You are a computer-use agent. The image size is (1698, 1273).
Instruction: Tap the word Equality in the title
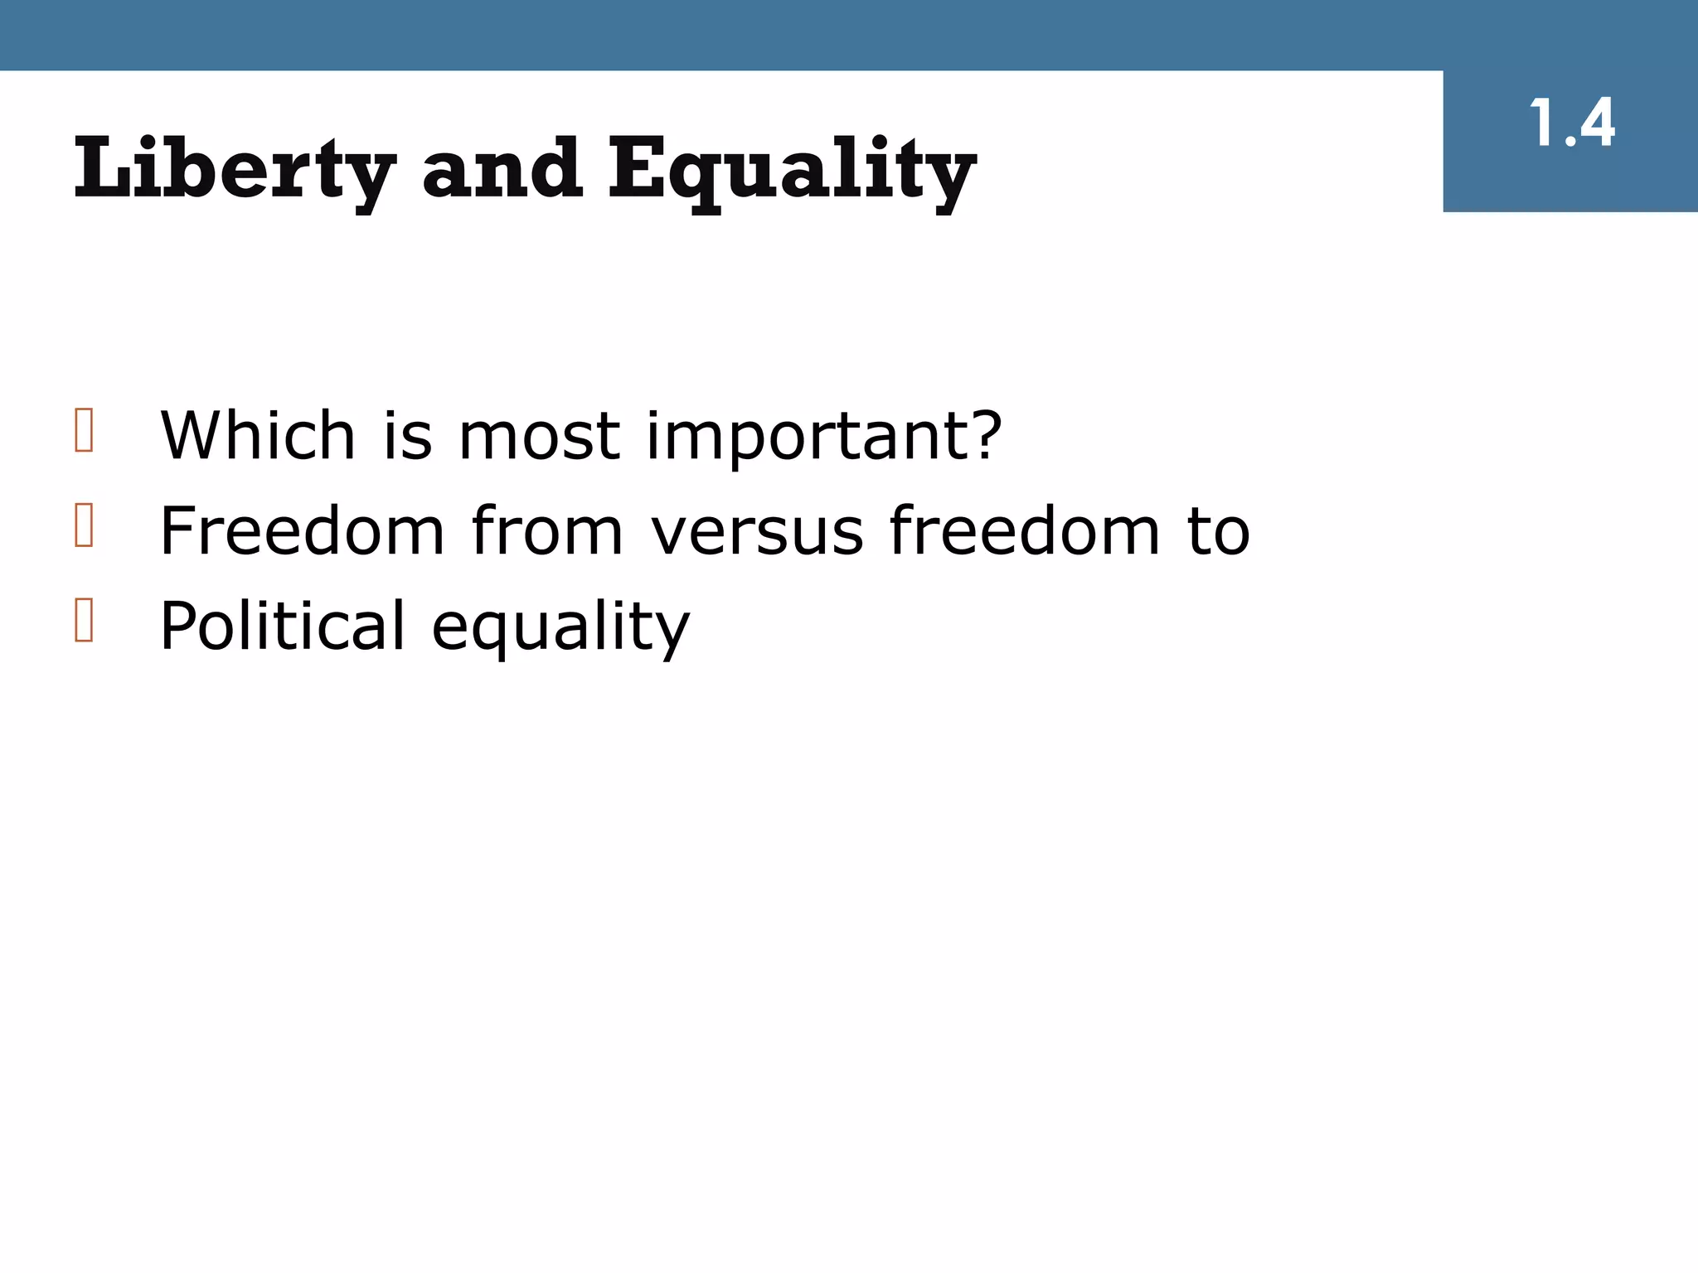[792, 170]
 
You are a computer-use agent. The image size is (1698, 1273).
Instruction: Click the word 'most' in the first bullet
[539, 437]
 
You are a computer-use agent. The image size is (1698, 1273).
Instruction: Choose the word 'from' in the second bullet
[547, 530]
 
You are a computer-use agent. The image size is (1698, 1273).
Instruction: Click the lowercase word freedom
[1025, 530]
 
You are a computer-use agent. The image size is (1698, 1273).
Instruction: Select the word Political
[283, 625]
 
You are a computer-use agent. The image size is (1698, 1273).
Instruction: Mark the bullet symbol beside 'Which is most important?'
[84, 430]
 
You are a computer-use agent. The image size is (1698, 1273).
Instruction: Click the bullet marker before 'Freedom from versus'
[84, 525]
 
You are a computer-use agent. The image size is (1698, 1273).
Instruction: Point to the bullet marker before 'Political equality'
[84, 620]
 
